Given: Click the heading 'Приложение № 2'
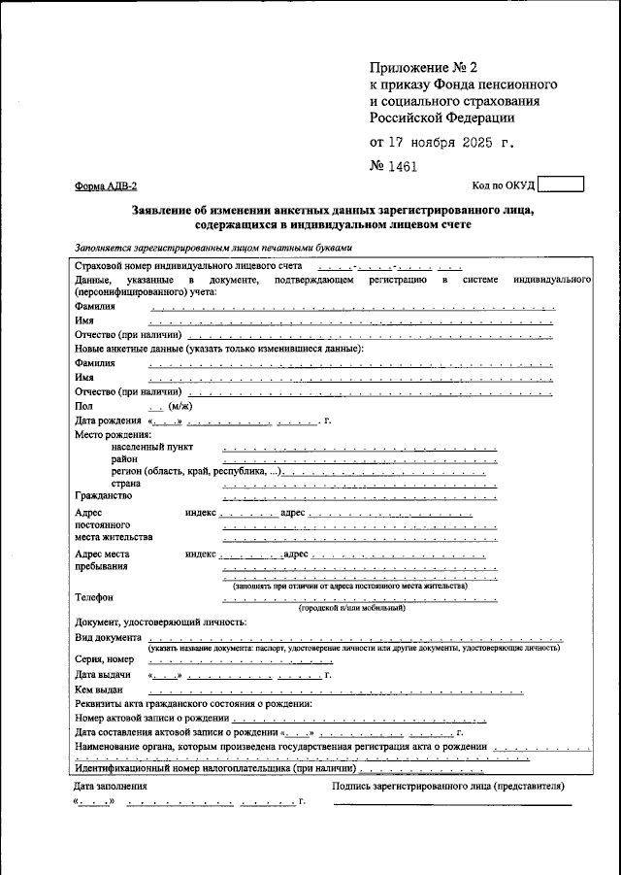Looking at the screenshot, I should click(423, 68).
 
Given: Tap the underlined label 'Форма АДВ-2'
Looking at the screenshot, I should click(106, 186).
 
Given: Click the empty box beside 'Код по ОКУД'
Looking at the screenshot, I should click(560, 185).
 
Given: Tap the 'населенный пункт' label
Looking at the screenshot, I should click(151, 447).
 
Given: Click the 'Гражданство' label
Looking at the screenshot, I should click(104, 496).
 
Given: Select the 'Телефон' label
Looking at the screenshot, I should click(94, 597).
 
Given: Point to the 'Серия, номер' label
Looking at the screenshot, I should click(104, 659).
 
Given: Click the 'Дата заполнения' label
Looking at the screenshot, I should click(111, 787).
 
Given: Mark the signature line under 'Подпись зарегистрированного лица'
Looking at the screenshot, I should click(452, 804).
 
